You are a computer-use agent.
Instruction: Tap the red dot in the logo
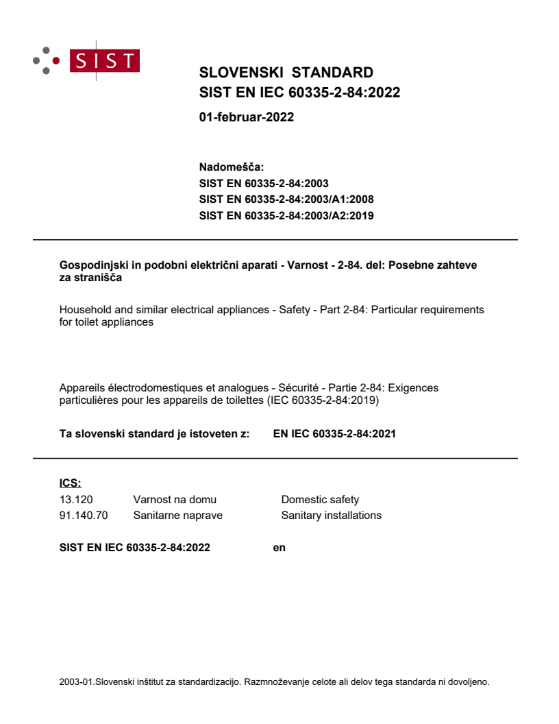(56, 60)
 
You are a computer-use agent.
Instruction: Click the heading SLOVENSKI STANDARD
(286, 73)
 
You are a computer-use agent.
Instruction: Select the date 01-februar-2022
(246, 117)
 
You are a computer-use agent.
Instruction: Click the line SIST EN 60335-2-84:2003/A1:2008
(286, 200)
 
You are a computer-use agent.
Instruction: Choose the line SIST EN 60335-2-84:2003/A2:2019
(286, 215)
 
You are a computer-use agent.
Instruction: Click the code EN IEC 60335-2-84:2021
(334, 433)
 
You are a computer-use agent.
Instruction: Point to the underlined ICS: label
(70, 484)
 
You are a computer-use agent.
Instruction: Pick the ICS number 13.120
(76, 500)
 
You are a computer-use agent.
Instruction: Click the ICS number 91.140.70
(84, 515)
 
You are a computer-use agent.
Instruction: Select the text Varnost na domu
(175, 500)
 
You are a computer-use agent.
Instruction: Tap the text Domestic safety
(320, 500)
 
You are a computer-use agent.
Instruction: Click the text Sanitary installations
(331, 515)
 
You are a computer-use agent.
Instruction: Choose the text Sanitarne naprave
(177, 515)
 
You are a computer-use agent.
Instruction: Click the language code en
(279, 547)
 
